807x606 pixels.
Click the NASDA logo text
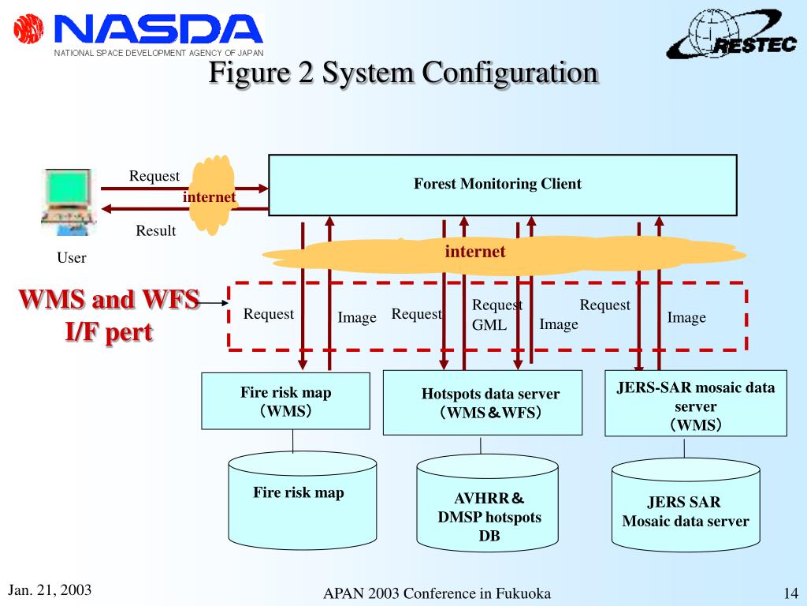(x=158, y=29)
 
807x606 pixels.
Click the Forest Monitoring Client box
(x=503, y=185)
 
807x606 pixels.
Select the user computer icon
(x=69, y=202)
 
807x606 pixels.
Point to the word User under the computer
(x=72, y=258)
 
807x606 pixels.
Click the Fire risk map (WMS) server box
(x=285, y=401)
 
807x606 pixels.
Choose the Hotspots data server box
(x=483, y=402)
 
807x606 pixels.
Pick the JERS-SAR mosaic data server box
(x=696, y=403)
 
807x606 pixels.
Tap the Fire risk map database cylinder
(x=303, y=500)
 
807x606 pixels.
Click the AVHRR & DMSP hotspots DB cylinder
(x=487, y=503)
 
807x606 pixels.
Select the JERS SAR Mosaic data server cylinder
(x=686, y=505)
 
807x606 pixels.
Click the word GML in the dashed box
(x=489, y=325)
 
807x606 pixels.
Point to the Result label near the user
(x=156, y=231)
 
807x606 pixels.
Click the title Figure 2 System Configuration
(x=403, y=73)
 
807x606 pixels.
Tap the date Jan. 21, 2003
(x=50, y=590)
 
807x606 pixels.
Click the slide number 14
(x=791, y=593)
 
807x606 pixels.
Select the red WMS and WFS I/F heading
(x=109, y=316)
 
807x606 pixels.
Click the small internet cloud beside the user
(x=211, y=196)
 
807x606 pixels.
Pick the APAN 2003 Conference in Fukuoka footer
(x=437, y=593)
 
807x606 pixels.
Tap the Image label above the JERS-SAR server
(x=686, y=318)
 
